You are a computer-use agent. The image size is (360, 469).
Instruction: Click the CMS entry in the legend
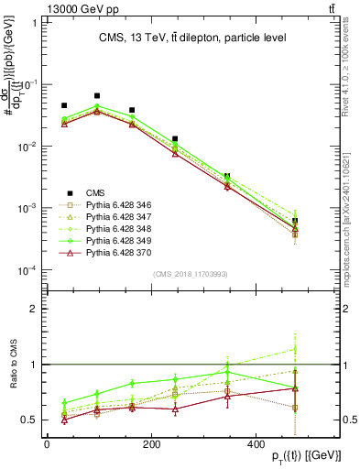click(x=95, y=192)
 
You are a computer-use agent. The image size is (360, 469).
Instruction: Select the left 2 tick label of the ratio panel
click(x=32, y=309)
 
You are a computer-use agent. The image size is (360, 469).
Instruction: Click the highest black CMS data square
click(x=97, y=95)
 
